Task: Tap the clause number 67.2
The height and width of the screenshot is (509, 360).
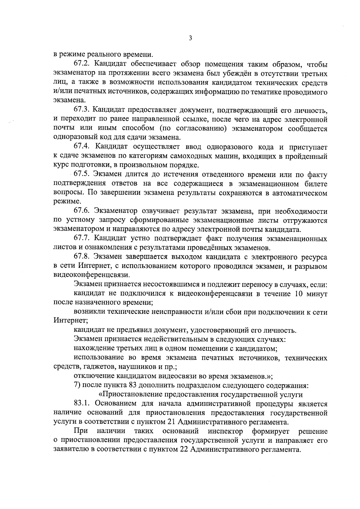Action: pyautogui.click(x=83, y=64)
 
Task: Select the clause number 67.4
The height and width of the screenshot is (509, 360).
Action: pyautogui.click(x=83, y=147)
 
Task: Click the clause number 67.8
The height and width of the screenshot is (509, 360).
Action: pyautogui.click(x=83, y=257)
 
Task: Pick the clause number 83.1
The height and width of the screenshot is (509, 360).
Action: pyautogui.click(x=83, y=404)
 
